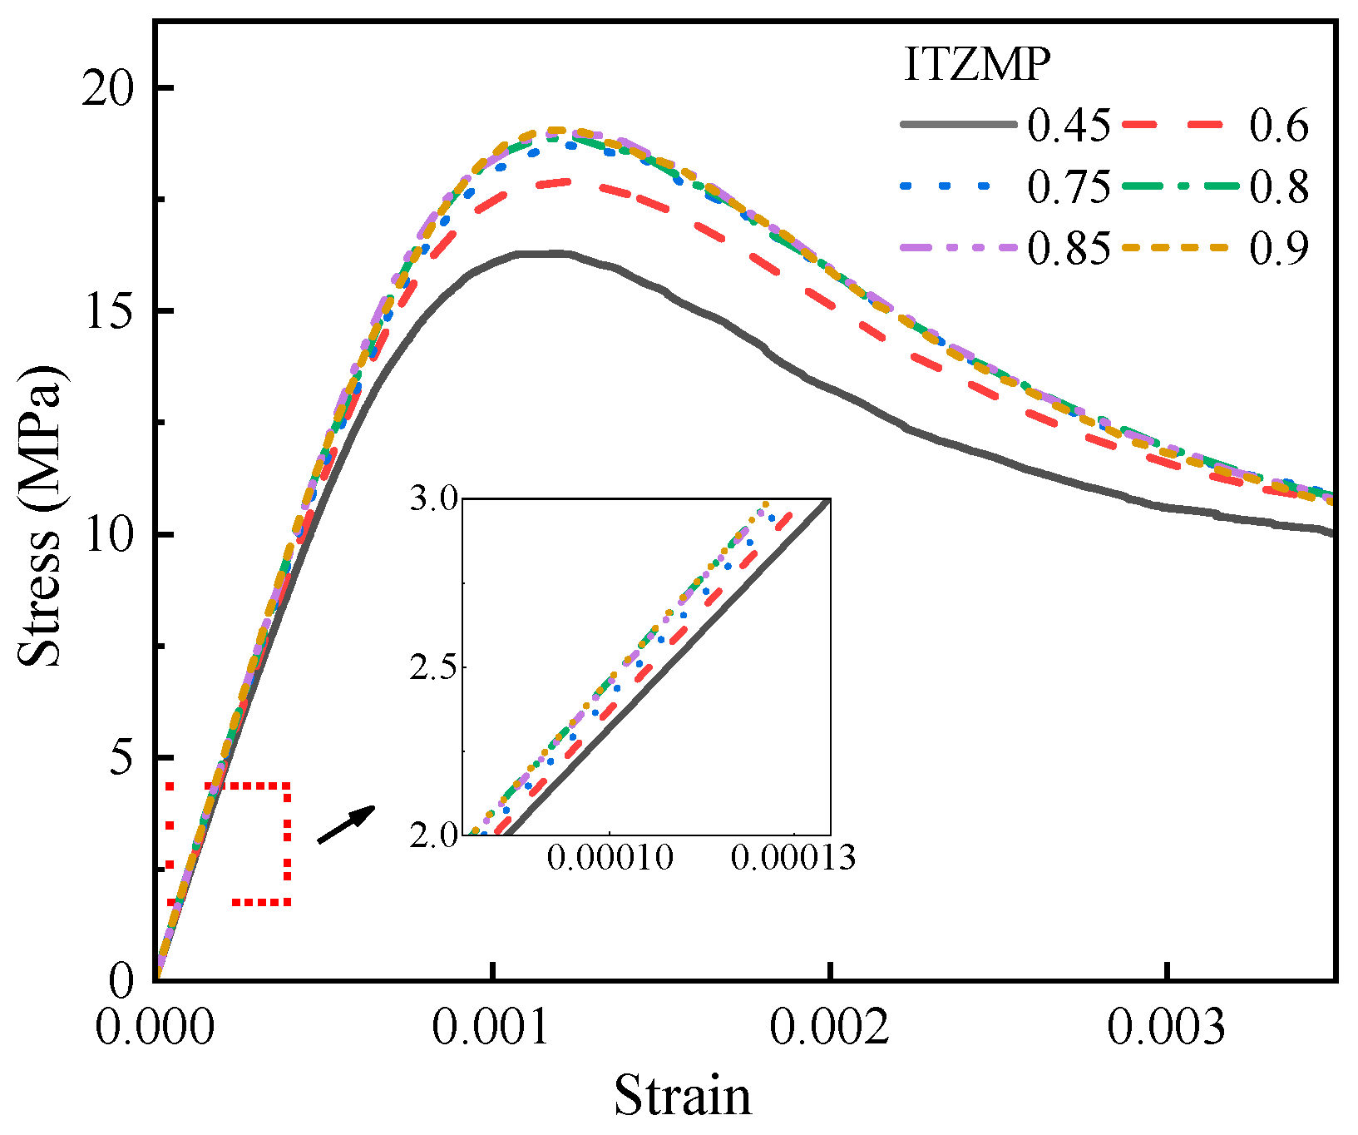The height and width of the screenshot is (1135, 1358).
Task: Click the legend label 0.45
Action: point(1069,126)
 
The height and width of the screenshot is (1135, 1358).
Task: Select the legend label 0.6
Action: point(1279,126)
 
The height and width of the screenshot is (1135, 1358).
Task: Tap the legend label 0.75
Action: point(1069,187)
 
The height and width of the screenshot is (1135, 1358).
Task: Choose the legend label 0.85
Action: point(1069,248)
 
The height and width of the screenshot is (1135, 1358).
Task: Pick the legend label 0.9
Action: point(1279,248)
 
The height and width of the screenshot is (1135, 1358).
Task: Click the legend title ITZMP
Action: point(976,65)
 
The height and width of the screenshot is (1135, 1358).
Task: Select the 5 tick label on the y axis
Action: point(122,757)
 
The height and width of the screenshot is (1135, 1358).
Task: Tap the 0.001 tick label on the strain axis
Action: point(492,1028)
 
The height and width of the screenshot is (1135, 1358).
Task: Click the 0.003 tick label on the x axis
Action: point(1166,1028)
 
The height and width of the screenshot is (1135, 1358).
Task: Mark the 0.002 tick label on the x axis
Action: point(829,1028)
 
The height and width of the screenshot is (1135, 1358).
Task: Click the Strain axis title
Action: point(683,1096)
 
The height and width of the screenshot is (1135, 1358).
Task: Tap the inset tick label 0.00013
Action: point(793,858)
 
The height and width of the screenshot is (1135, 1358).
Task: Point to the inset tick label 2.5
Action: point(434,668)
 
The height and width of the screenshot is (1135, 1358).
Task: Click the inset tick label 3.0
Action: point(434,500)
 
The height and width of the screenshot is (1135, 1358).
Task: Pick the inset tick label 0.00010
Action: point(610,858)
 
